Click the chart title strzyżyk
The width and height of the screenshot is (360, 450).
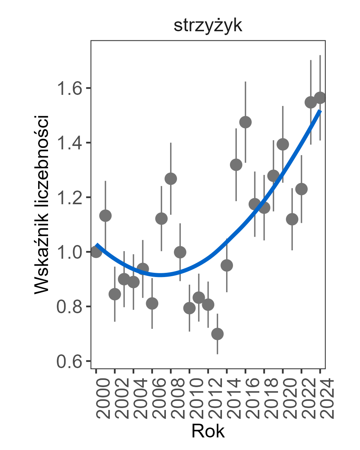point(208,26)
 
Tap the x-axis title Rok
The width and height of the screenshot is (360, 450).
point(208,431)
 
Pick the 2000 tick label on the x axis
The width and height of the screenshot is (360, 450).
point(97,398)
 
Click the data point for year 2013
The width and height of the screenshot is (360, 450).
point(217,334)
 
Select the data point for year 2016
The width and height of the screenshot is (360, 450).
point(245,122)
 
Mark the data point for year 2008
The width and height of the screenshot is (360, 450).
point(170,179)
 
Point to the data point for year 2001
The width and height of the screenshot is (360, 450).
point(105,216)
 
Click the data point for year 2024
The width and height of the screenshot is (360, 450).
point(320,98)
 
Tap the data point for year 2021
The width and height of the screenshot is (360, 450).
point(292,219)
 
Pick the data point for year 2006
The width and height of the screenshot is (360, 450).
point(152,303)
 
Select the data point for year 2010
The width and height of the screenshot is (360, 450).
point(189,308)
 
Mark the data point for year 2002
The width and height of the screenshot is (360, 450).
point(115,294)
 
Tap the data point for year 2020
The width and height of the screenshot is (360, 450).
point(283,144)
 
